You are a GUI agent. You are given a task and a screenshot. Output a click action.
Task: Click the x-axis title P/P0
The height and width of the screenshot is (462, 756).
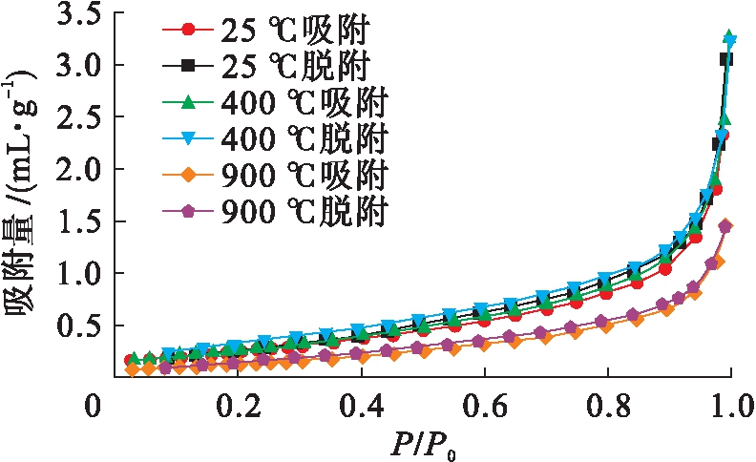tap(426, 444)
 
